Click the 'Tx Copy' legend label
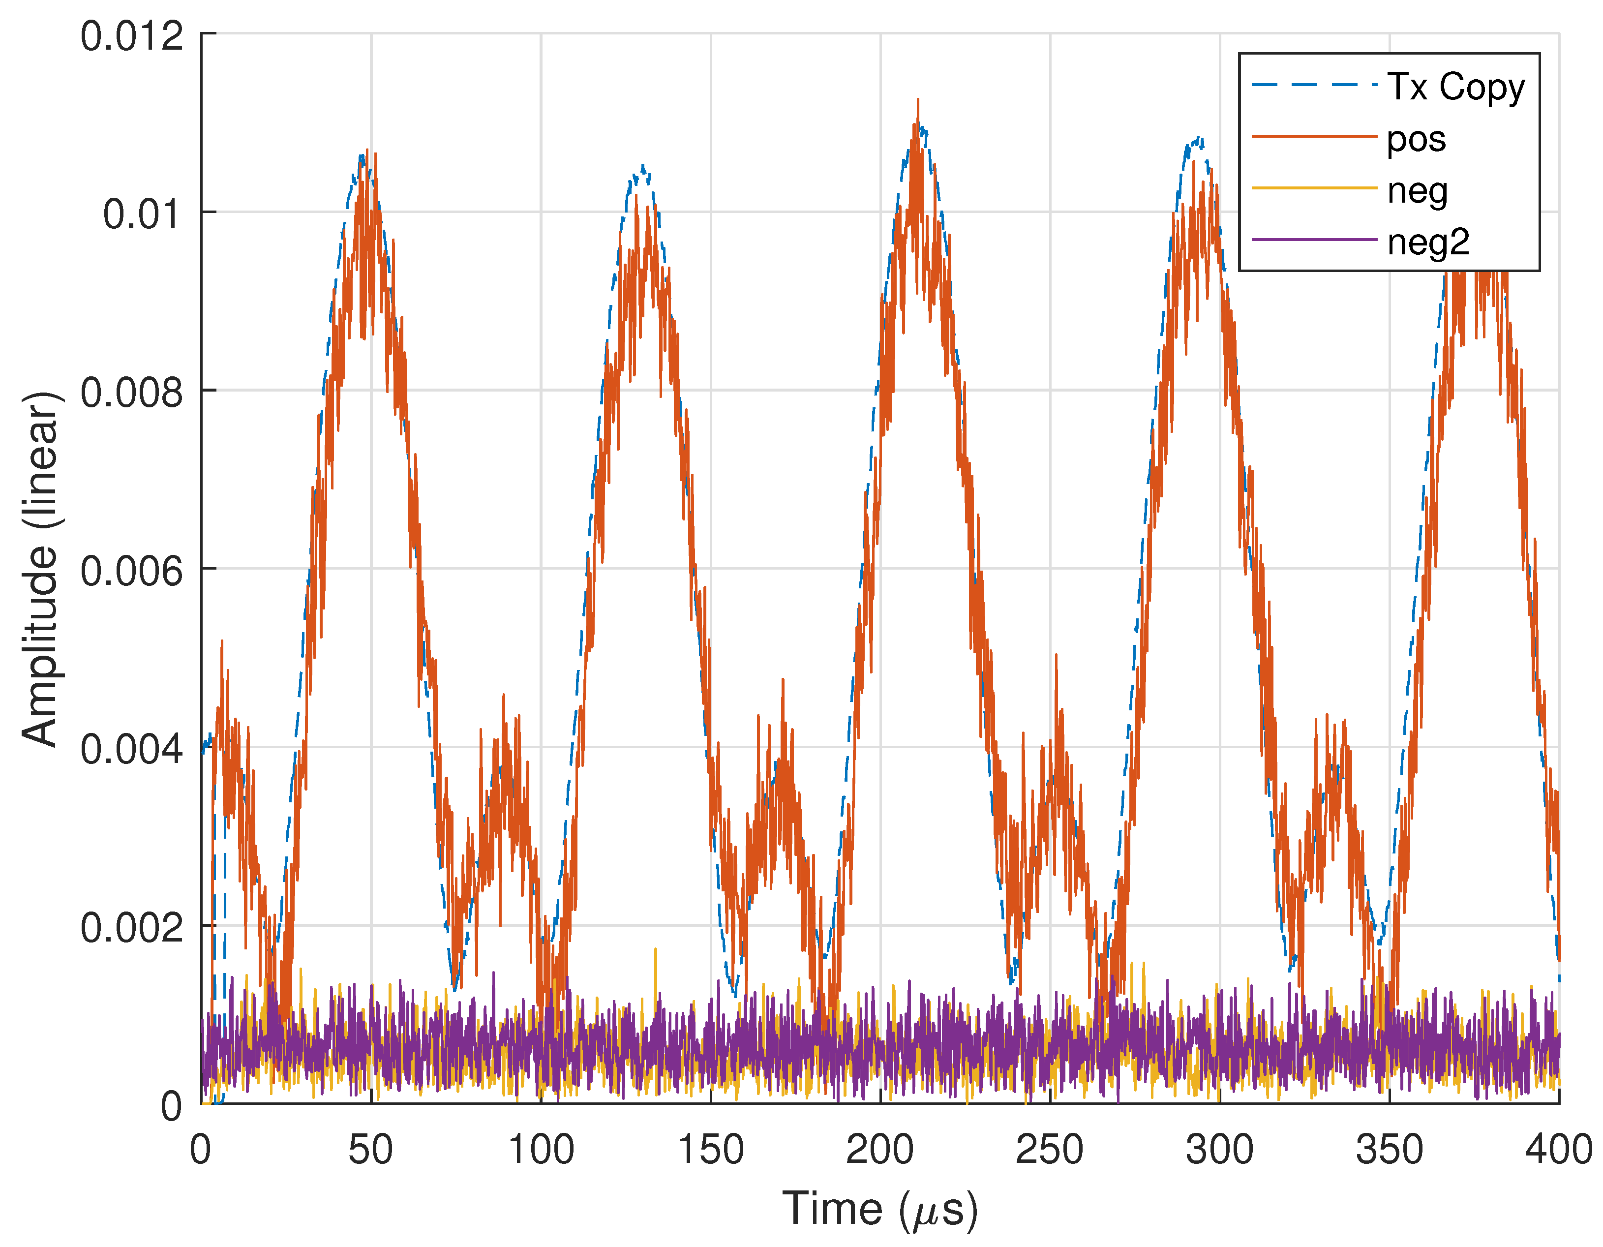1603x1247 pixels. (1455, 88)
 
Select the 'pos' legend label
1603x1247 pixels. (1416, 139)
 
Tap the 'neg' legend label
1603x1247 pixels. (1417, 191)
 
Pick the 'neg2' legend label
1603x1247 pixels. (1428, 242)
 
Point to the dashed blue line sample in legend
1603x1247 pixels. (1314, 85)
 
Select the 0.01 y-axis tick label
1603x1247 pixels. (142, 214)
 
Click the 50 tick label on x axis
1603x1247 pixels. (371, 1150)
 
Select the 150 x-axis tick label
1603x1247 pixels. (710, 1150)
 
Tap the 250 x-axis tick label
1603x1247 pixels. (1050, 1150)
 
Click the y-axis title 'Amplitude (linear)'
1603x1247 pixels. (40, 569)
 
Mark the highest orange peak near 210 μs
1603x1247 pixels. (917, 100)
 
